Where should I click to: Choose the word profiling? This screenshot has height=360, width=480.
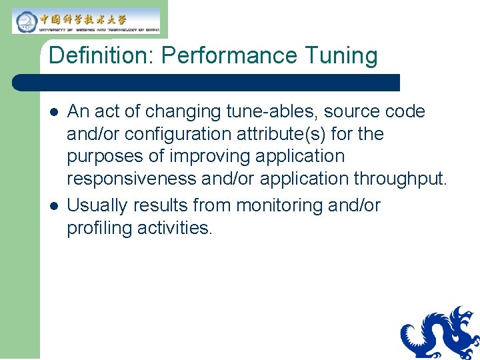99,228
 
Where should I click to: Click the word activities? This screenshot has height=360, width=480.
175,228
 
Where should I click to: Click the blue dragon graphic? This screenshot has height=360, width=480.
440,333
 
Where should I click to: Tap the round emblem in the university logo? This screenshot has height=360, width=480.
26,21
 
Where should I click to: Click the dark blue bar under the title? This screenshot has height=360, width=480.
207,83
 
